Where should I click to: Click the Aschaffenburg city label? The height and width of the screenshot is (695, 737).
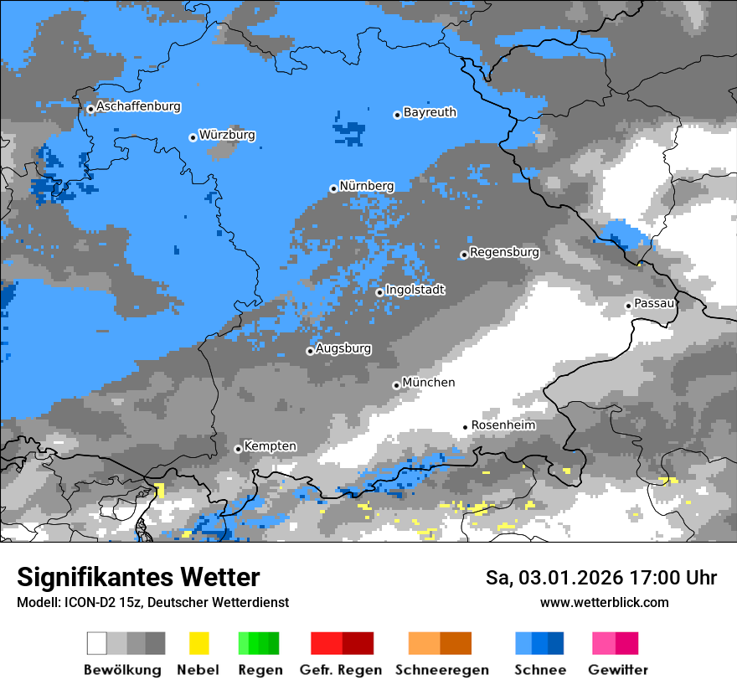[138, 106]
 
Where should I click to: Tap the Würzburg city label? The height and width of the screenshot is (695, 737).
[227, 135]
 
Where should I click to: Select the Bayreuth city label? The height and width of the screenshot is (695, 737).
[430, 112]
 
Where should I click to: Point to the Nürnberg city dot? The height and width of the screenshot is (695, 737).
[333, 188]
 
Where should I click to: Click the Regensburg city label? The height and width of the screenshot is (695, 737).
[504, 252]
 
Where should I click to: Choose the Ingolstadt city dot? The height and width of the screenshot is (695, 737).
[379, 292]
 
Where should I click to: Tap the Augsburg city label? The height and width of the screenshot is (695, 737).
[343, 348]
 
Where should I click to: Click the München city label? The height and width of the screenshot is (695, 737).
[429, 383]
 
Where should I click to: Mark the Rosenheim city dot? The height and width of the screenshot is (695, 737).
[466, 427]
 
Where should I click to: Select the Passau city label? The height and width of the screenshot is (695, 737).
[654, 303]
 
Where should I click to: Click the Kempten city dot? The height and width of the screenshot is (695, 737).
[238, 449]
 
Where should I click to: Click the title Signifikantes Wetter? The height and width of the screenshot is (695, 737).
[138, 577]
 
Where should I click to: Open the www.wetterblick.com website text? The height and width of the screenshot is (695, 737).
[604, 602]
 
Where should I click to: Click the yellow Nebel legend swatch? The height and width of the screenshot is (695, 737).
[198, 643]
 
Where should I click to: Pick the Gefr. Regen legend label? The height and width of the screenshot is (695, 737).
[341, 670]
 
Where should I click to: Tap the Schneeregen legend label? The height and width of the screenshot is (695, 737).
[441, 670]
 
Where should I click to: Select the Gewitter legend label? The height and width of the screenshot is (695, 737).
[617, 670]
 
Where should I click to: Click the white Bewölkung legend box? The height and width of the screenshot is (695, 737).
[97, 643]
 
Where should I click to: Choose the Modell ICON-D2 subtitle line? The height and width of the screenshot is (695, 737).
[152, 602]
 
